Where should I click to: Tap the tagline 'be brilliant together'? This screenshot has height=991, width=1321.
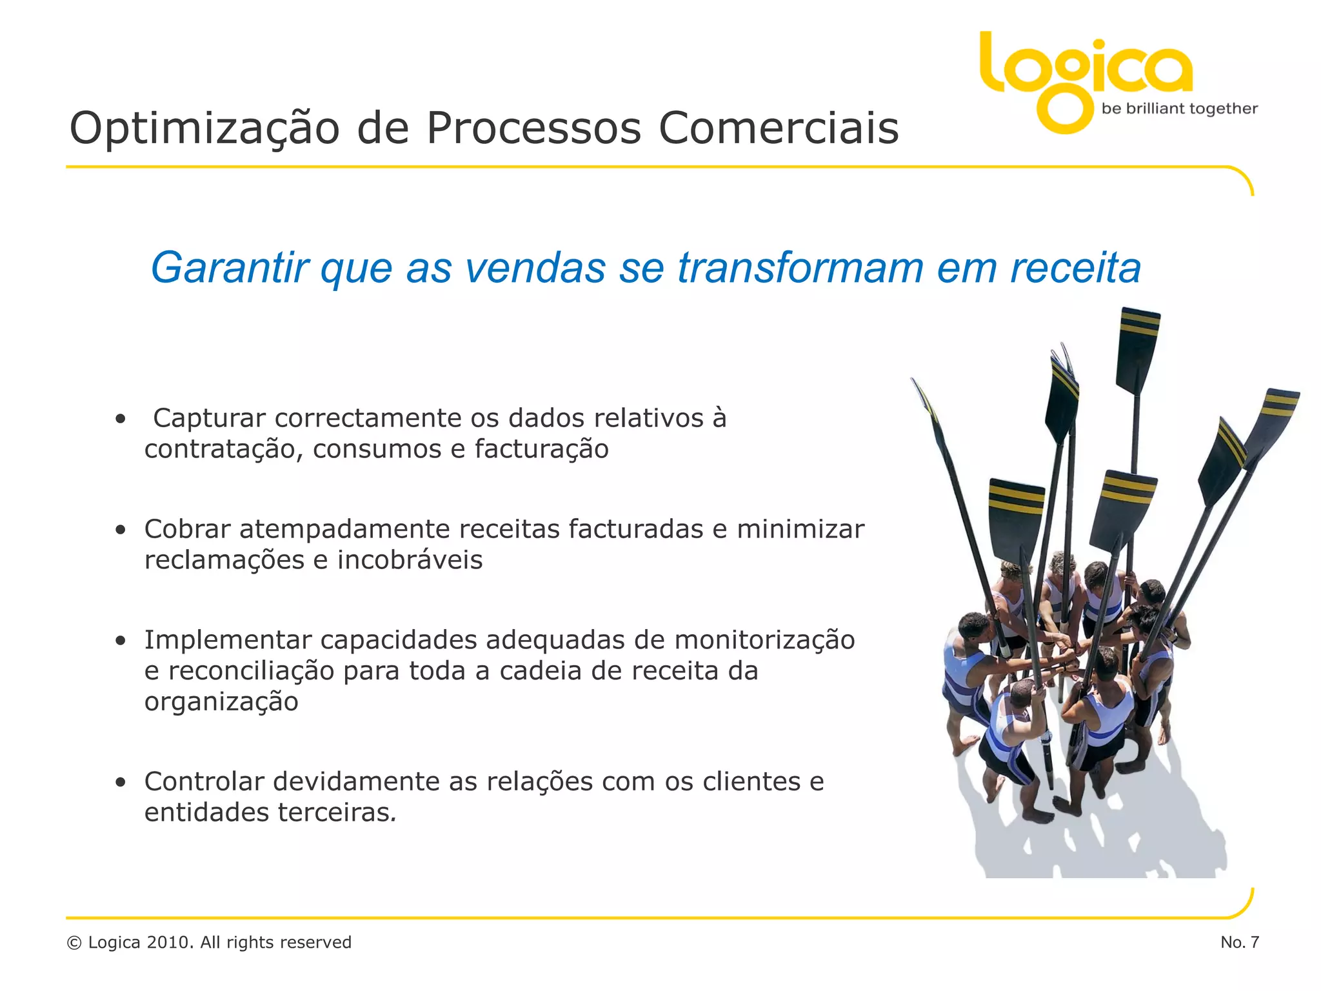point(1179,108)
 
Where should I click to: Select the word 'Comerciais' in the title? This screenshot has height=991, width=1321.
point(778,128)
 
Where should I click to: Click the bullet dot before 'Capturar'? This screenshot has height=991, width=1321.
point(120,419)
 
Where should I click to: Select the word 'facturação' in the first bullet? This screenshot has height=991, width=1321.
point(541,449)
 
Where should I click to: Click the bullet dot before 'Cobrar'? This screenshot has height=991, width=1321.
point(120,530)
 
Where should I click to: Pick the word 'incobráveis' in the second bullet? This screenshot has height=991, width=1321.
point(410,560)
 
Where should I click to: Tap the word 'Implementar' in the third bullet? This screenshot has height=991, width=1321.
point(228,640)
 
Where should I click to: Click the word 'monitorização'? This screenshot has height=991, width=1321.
point(764,640)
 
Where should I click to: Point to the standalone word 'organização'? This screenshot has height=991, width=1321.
point(221,702)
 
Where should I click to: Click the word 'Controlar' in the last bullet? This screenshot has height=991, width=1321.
point(204,781)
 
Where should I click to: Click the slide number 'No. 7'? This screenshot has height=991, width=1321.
point(1239,942)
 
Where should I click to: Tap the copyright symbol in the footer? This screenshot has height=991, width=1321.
point(74,943)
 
